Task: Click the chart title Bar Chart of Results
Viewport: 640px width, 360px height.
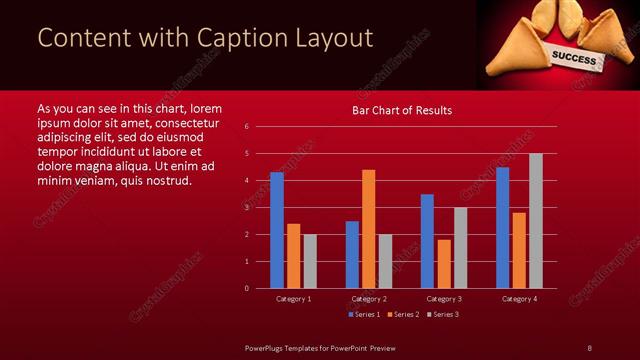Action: point(401,110)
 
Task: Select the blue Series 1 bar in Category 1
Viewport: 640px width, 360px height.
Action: point(277,230)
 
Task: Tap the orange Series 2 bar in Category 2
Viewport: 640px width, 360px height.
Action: point(369,229)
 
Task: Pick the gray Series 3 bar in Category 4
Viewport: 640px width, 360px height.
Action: point(536,221)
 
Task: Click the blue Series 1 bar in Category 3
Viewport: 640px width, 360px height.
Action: point(427,241)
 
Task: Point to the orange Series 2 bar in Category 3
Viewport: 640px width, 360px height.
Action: point(444,264)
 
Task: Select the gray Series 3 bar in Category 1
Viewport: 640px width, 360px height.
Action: point(310,261)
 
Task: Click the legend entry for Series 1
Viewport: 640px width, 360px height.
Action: point(364,314)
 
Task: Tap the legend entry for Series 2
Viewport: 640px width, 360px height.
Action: point(403,314)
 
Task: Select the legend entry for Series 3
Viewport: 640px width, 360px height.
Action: point(442,314)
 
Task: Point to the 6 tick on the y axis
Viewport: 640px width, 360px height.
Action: point(247,127)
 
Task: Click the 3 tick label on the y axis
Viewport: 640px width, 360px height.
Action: point(247,208)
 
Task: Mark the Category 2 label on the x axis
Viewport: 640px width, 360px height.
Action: point(369,298)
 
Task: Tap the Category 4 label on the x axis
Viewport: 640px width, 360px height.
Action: point(519,298)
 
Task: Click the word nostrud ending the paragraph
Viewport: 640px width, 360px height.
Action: point(166,180)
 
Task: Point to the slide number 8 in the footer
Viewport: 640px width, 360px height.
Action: point(589,347)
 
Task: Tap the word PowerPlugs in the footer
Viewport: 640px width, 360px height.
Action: point(268,347)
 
